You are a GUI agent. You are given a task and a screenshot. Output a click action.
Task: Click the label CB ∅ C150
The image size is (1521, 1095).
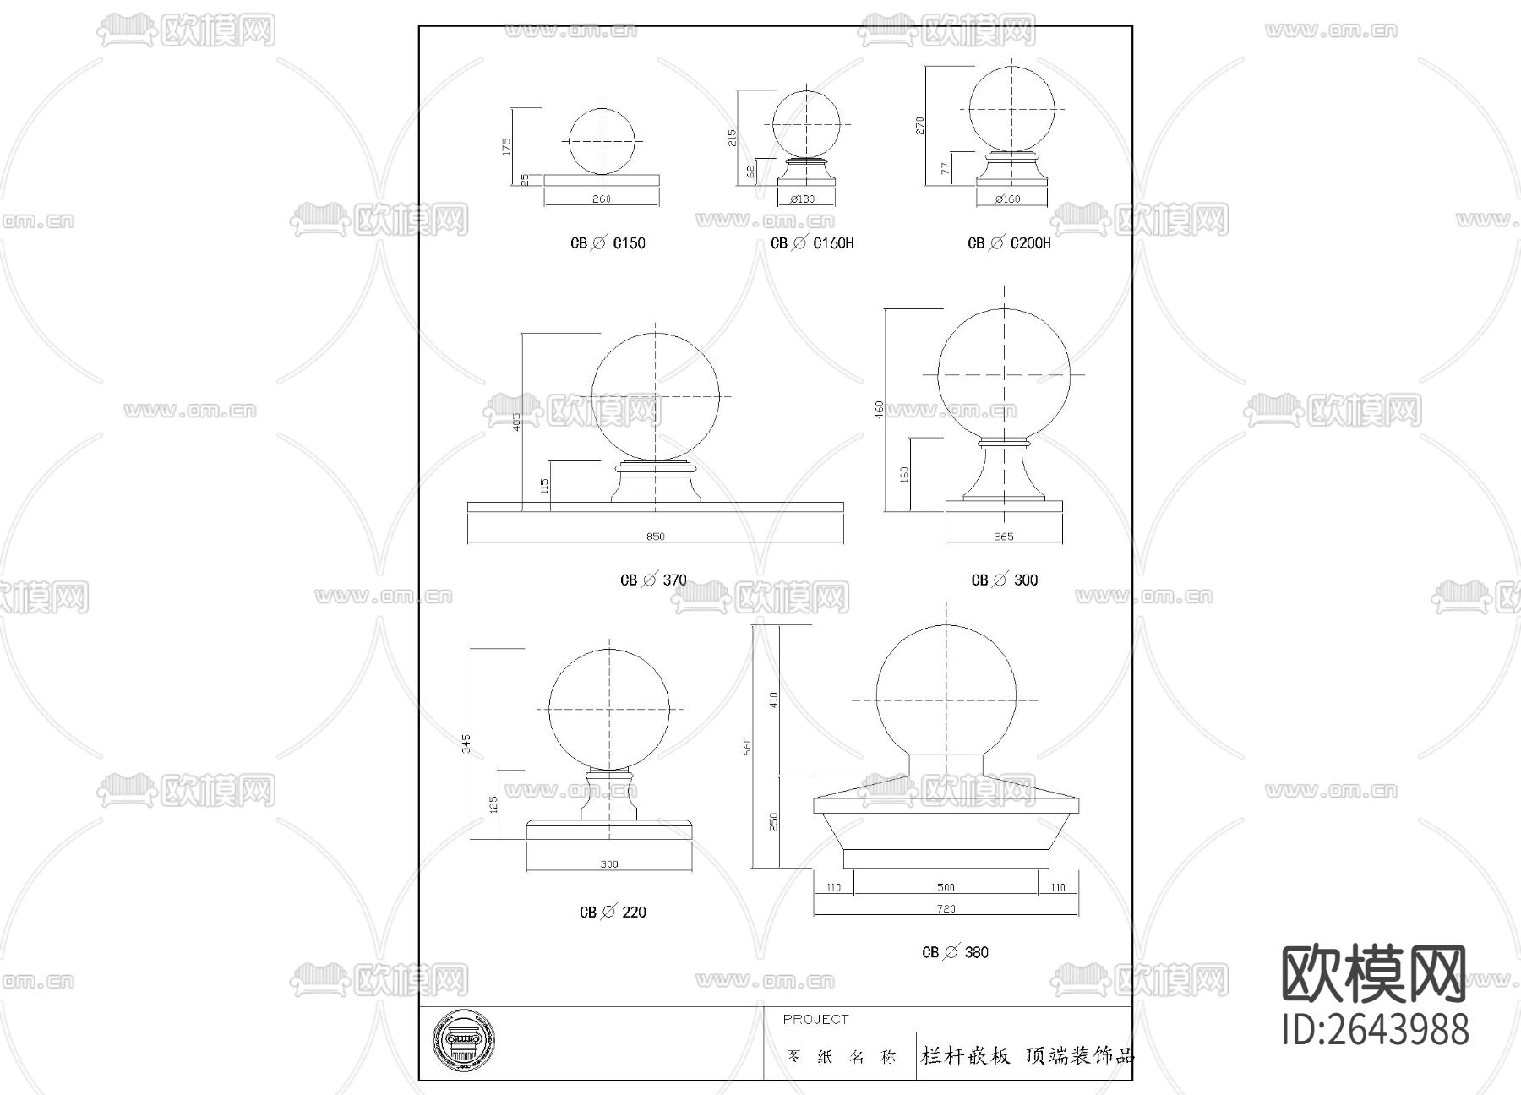(x=608, y=243)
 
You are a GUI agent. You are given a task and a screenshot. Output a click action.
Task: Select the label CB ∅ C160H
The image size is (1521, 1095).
(x=812, y=243)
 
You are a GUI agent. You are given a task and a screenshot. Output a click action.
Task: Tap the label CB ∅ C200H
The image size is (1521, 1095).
(x=1009, y=243)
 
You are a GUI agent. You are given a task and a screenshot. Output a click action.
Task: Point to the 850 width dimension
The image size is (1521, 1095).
(x=655, y=537)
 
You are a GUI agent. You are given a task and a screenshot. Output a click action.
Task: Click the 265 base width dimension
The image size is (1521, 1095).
(x=1003, y=537)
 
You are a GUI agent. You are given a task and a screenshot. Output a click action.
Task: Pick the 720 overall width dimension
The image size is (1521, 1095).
(x=946, y=909)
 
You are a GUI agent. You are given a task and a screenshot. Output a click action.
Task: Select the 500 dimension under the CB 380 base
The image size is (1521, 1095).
(x=946, y=887)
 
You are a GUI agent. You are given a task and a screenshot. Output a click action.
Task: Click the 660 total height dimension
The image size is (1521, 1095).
(x=747, y=746)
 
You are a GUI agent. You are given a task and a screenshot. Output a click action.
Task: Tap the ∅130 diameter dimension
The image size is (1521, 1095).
(x=803, y=199)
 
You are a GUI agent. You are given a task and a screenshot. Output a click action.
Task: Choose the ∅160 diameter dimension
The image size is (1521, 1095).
(x=1007, y=199)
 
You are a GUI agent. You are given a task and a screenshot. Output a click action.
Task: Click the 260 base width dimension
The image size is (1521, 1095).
(x=601, y=199)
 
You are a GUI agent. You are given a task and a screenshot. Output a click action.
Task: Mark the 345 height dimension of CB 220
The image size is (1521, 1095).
(x=466, y=744)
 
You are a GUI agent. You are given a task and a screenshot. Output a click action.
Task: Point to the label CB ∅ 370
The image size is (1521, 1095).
(x=653, y=580)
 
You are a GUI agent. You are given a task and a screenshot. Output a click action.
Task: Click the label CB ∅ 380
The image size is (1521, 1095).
(x=955, y=952)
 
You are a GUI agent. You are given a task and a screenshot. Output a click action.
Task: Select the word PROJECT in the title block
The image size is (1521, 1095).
(x=815, y=1020)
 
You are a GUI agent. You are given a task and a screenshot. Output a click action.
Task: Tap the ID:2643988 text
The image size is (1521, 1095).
(x=1376, y=1030)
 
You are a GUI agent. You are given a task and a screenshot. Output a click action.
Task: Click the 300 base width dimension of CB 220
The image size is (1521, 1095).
(x=609, y=864)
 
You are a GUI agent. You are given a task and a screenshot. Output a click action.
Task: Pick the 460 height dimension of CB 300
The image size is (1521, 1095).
(x=880, y=410)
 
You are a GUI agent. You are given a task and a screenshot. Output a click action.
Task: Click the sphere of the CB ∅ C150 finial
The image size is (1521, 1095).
(x=601, y=141)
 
